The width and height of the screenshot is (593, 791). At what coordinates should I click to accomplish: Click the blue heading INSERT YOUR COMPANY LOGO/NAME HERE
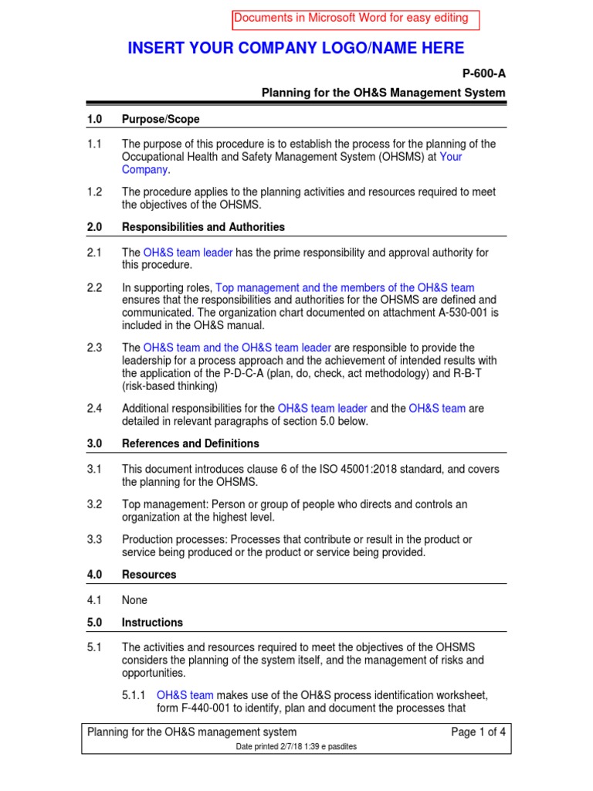click(x=296, y=49)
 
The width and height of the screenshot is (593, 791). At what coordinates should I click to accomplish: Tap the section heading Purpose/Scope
click(x=161, y=119)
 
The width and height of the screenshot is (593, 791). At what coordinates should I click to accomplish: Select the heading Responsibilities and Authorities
click(x=203, y=227)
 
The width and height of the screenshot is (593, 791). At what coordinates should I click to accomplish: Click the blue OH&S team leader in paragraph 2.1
click(x=188, y=253)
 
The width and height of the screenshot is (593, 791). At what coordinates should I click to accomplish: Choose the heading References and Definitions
click(x=191, y=443)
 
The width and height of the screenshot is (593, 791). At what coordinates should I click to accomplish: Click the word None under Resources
click(x=134, y=600)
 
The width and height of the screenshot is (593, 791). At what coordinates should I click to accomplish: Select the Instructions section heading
click(x=153, y=623)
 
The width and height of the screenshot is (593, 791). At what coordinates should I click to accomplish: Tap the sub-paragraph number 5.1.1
click(x=135, y=696)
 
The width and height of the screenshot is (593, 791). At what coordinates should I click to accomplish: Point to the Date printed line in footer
click(x=296, y=747)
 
